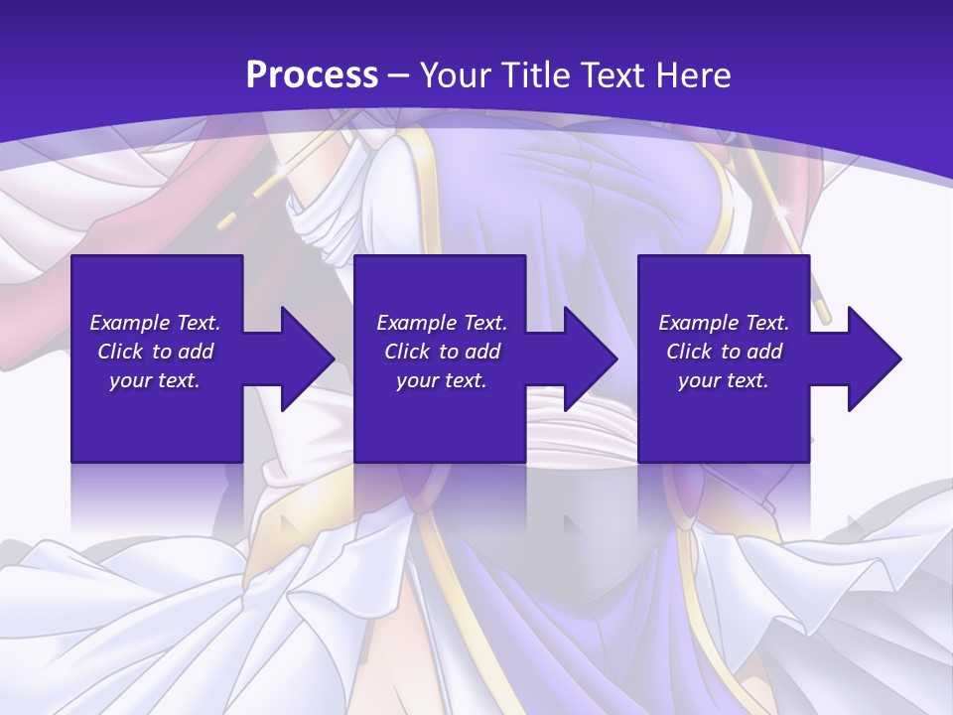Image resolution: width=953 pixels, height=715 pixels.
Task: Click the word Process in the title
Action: click(x=312, y=75)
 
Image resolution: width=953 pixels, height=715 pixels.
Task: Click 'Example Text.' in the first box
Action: click(x=155, y=323)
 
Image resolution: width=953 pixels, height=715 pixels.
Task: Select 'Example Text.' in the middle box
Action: click(x=442, y=323)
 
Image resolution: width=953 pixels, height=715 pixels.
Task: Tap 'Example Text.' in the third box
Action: click(x=724, y=323)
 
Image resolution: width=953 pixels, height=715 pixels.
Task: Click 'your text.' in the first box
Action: click(x=155, y=380)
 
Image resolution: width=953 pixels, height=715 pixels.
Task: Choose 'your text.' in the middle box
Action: click(x=442, y=380)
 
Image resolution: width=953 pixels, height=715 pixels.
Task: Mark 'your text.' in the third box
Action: click(x=724, y=380)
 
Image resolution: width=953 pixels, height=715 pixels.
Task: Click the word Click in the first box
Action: click(x=120, y=352)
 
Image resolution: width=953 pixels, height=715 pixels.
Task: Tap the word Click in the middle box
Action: click(x=407, y=352)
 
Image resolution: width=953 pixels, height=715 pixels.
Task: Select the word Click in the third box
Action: click(x=689, y=352)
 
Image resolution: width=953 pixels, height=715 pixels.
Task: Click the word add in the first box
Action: click(x=197, y=352)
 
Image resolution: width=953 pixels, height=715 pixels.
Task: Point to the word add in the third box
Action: click(x=765, y=352)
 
